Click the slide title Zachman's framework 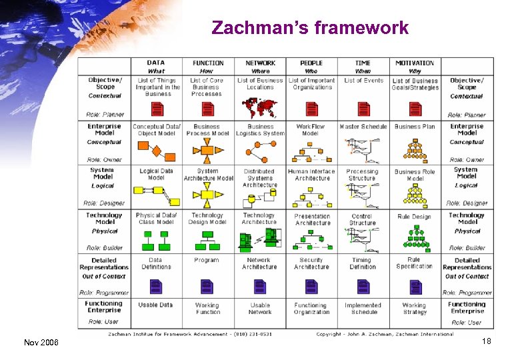coord(310,28)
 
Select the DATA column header coord(156,63)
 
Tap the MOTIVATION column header coord(414,63)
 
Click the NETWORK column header coord(260,63)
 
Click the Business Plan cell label coord(414,126)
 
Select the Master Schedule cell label coord(363,126)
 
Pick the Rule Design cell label coord(414,217)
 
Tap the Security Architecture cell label coord(311,263)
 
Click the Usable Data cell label coord(155,305)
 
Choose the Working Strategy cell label coord(414,309)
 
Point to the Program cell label coord(207,260)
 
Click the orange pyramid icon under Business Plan coord(415,148)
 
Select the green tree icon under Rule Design coord(415,235)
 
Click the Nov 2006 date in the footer coord(41,343)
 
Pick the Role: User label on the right coord(466,323)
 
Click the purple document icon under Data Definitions coord(155,287)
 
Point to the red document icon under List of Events coord(363,108)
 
